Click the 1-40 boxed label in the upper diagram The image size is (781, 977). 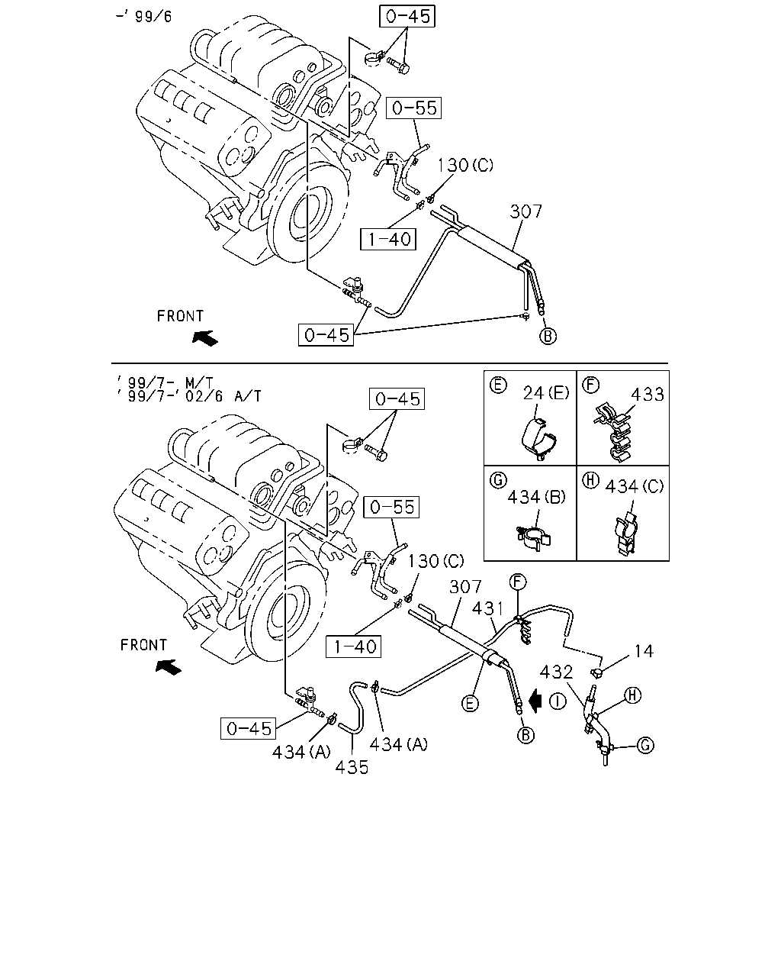pyautogui.click(x=388, y=239)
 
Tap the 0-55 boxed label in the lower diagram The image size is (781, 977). pyautogui.click(x=391, y=507)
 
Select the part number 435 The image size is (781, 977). pyautogui.click(x=352, y=767)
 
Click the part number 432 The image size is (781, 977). pyautogui.click(x=556, y=672)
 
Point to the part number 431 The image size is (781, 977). pyautogui.click(x=488, y=608)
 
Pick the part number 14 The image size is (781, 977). pyautogui.click(x=644, y=651)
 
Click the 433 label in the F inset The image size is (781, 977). pyautogui.click(x=648, y=394)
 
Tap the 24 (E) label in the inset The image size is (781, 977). pyautogui.click(x=546, y=392)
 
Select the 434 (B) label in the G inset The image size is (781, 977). pyautogui.click(x=536, y=497)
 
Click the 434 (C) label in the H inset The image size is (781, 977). pyautogui.click(x=635, y=486)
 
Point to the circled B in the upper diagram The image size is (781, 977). pyautogui.click(x=548, y=337)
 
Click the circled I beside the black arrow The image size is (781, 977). pyautogui.click(x=558, y=701)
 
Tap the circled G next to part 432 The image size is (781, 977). pyautogui.click(x=646, y=745)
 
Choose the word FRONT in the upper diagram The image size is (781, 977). pyautogui.click(x=180, y=316)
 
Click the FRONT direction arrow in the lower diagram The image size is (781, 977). pyautogui.click(x=168, y=666)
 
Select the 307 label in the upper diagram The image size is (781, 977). pyautogui.click(x=526, y=211)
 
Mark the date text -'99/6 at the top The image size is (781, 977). pyautogui.click(x=144, y=16)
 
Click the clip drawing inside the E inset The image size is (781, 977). pyautogui.click(x=539, y=440)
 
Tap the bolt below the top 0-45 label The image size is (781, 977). pyautogui.click(x=398, y=66)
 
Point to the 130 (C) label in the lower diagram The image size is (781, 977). pyautogui.click(x=435, y=561)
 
